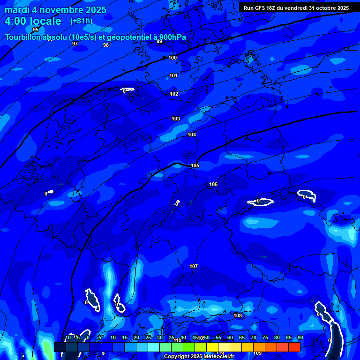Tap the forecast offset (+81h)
(x=81, y=21)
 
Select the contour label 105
(x=195, y=165)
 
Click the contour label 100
(x=172, y=58)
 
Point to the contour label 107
(x=194, y=266)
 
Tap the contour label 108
(x=238, y=315)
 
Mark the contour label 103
(x=176, y=119)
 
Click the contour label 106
(x=213, y=184)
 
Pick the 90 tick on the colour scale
(x=300, y=338)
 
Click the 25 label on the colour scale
(x=148, y=338)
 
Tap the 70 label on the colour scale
(x=254, y=338)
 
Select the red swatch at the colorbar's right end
(x=294, y=347)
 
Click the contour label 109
(x=257, y=353)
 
